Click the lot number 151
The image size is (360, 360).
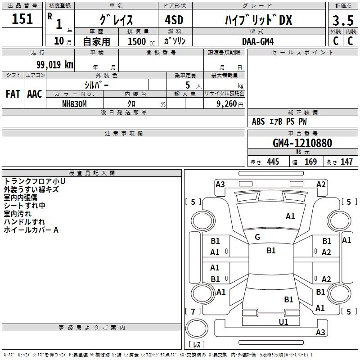22,19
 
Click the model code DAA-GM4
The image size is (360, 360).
257,41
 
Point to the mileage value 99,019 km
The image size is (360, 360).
55,65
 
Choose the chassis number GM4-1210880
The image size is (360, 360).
302,144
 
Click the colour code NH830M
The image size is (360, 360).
74,104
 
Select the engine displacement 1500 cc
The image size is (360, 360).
139,41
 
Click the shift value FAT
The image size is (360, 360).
13,94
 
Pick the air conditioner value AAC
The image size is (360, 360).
35,94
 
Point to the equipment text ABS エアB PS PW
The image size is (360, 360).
279,121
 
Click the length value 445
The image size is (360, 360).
273,162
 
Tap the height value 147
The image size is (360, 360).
346,162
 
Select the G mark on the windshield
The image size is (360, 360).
257,237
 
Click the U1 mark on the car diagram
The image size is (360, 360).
283,322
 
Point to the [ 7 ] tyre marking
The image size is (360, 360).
193,311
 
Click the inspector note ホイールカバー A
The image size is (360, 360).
31,230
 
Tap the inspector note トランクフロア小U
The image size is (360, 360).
35,181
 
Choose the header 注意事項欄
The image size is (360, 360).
124,134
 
